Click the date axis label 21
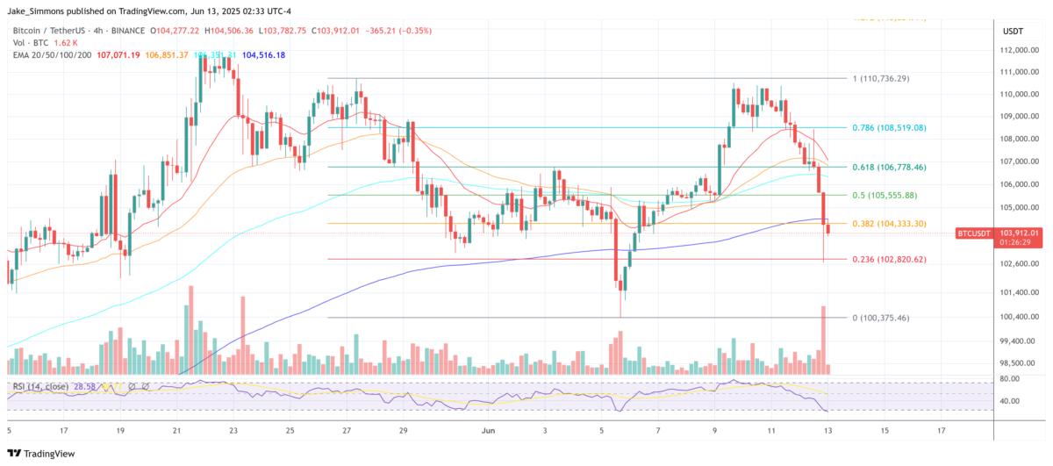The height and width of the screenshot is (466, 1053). [x=176, y=431]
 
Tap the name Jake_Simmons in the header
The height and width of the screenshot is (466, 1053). [x=39, y=10]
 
